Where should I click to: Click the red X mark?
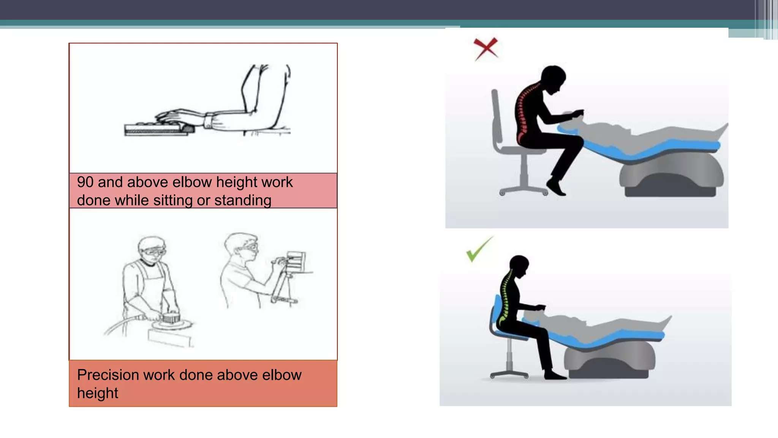(485, 49)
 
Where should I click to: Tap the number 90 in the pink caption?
(85, 182)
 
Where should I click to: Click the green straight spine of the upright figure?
(505, 300)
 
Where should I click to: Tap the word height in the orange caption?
(98, 394)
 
